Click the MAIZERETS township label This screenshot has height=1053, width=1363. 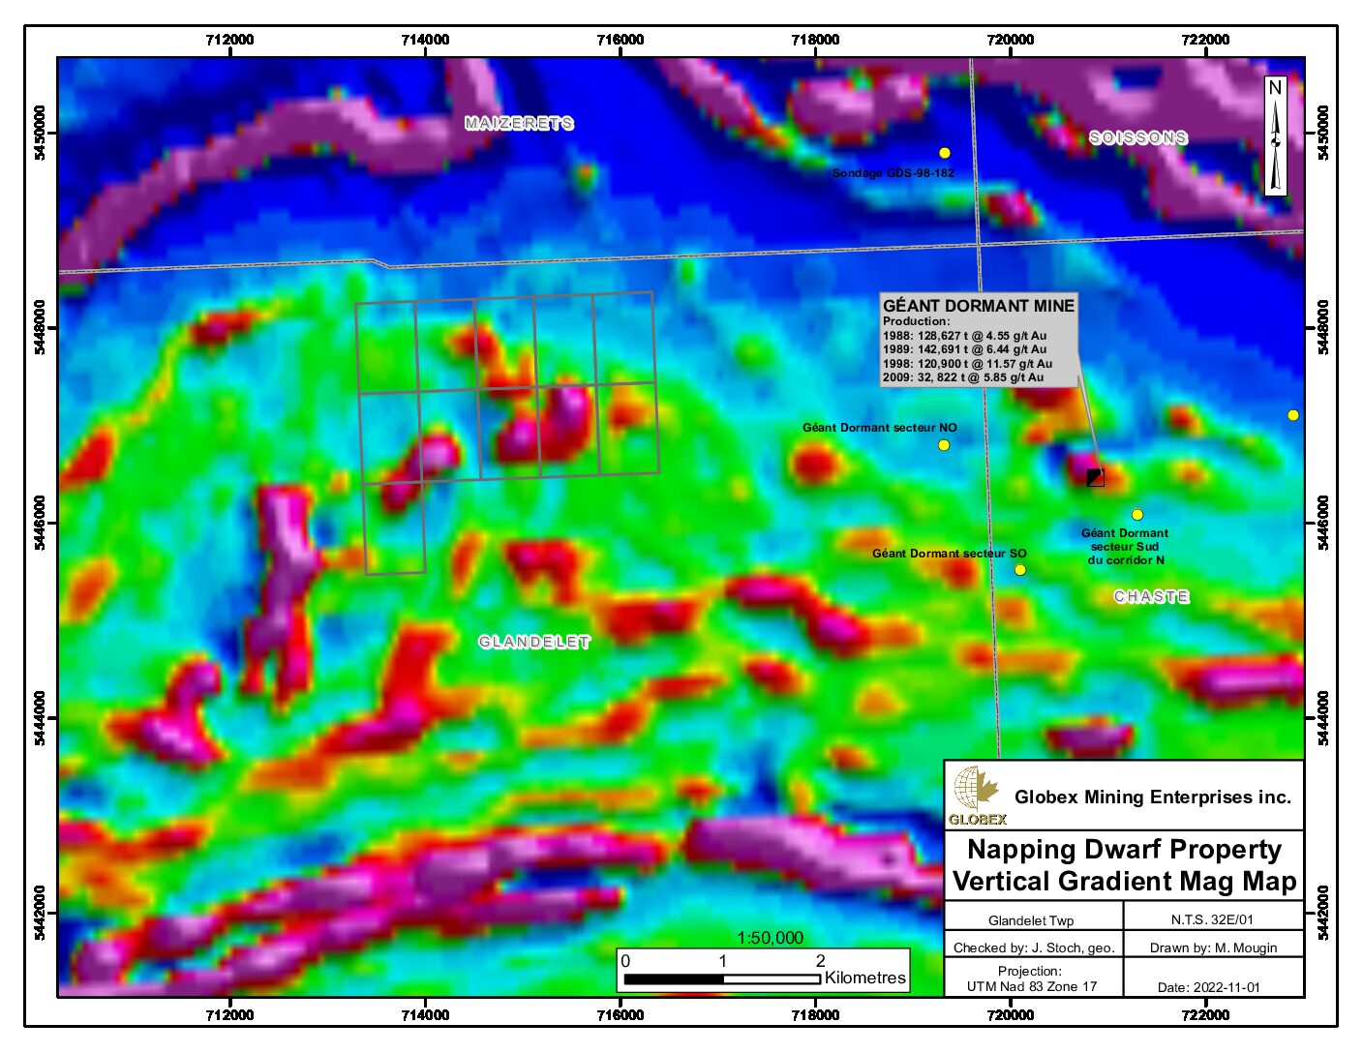tap(519, 123)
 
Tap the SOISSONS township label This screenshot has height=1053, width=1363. tap(1137, 137)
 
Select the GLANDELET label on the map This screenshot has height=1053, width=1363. tap(533, 642)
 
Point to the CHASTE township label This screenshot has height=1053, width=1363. tap(1151, 596)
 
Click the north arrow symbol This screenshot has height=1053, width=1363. tap(1275, 135)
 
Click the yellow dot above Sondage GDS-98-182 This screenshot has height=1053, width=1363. tap(945, 153)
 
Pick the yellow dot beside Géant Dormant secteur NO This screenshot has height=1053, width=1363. tap(944, 445)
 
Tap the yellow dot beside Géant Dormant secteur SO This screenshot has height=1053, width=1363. tap(1020, 570)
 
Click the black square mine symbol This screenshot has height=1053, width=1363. tap(1095, 477)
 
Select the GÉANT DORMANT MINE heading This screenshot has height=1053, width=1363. tap(978, 306)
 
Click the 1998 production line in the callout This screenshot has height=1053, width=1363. tap(966, 364)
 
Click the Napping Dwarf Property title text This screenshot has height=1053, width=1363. tap(1124, 849)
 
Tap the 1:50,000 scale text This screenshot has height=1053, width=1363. tap(770, 938)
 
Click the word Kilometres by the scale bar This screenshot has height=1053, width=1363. tap(865, 978)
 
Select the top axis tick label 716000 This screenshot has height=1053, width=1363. tap(620, 40)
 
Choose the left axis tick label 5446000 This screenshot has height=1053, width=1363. tap(40, 523)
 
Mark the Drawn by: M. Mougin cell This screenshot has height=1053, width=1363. tap(1213, 948)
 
